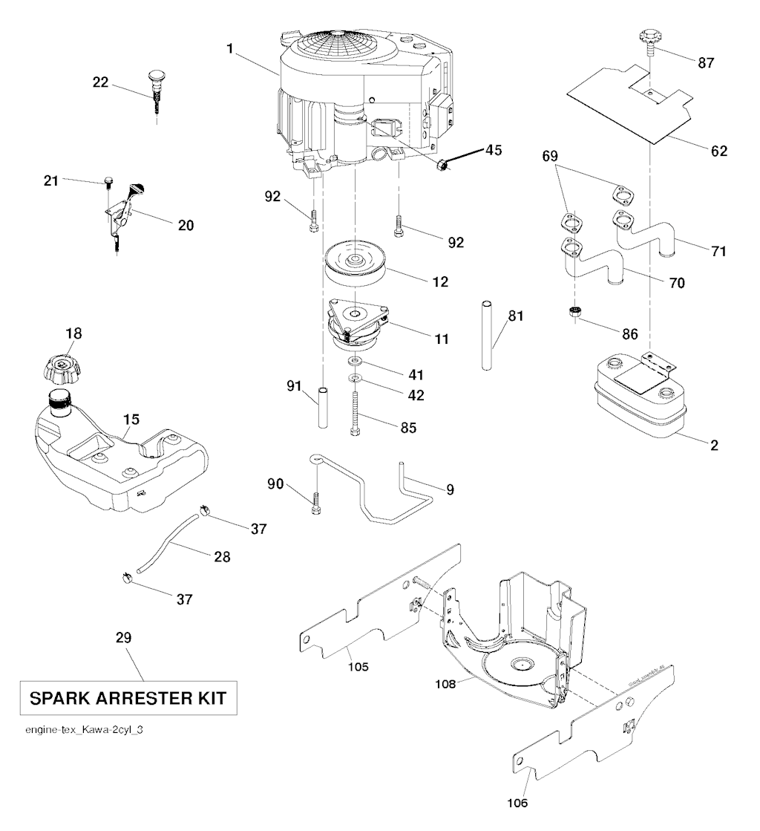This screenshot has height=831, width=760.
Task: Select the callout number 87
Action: point(707,63)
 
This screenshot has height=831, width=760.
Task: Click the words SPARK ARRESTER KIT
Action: point(128,698)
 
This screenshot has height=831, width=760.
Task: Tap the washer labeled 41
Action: point(356,362)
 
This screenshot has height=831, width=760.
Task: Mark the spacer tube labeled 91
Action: point(324,406)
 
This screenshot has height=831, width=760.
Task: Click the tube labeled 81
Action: point(485,333)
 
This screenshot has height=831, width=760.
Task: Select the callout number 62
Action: point(718,150)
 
